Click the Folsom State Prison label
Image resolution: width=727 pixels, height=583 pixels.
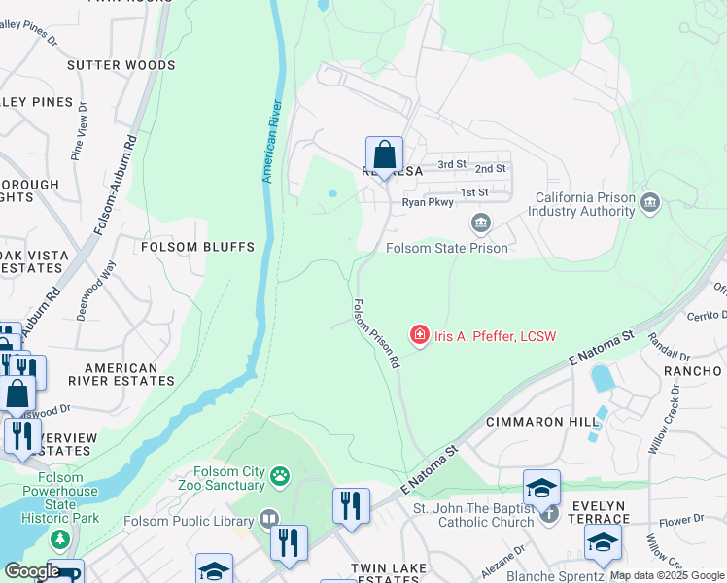[446, 248]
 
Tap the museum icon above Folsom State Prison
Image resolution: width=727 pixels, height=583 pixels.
[480, 224]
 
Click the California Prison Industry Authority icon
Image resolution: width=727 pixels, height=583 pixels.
[650, 203]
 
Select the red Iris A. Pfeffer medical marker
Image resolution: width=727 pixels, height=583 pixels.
[420, 336]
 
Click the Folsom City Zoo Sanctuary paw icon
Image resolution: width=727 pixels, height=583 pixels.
[280, 475]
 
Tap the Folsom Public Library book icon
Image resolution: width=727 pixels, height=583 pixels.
[269, 521]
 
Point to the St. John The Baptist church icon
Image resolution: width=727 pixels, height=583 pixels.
[549, 512]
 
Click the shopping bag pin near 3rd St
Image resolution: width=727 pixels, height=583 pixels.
[385, 155]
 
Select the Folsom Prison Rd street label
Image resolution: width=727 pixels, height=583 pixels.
[376, 333]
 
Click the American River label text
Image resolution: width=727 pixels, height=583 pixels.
[273, 142]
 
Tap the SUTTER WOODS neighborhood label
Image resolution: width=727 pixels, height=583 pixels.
[121, 65]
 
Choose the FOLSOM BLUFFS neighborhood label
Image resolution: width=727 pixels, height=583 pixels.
[197, 247]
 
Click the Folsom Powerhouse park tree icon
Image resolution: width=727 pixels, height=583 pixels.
[60, 538]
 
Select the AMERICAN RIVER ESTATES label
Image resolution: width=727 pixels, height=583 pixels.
[121, 375]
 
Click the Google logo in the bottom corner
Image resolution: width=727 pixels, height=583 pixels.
[31, 571]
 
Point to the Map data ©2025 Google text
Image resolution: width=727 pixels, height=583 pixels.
[667, 575]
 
